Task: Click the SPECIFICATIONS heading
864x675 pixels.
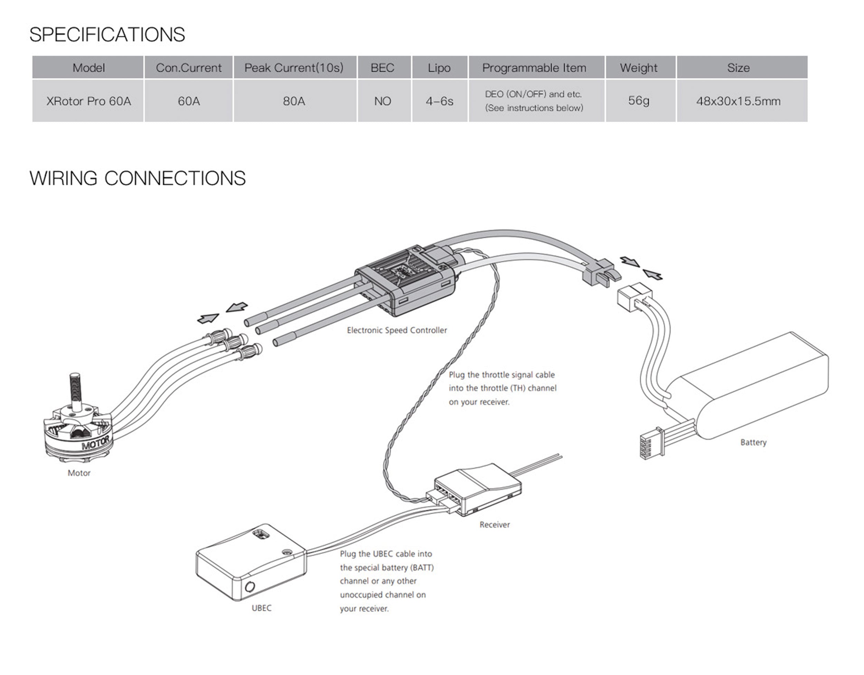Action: pos(107,35)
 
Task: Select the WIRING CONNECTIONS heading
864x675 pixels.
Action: pos(137,178)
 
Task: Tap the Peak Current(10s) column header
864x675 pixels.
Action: pos(294,68)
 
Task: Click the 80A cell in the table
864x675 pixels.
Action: pos(294,101)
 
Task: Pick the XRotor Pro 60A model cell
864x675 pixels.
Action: pos(88,101)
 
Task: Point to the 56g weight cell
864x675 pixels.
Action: pos(639,101)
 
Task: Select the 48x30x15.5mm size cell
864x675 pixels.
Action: pos(738,101)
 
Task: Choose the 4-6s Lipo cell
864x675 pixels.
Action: pos(439,101)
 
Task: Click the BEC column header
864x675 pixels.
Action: pos(382,68)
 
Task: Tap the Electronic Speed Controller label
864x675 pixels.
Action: pos(397,330)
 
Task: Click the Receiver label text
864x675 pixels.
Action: pos(495,525)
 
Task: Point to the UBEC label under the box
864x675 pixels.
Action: pos(262,608)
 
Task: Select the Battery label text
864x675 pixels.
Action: pos(753,442)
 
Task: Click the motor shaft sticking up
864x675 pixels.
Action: pos(75,392)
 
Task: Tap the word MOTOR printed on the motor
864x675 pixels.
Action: pos(95,443)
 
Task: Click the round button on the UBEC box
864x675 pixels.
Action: pos(250,586)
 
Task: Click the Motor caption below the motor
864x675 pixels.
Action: pos(79,473)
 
